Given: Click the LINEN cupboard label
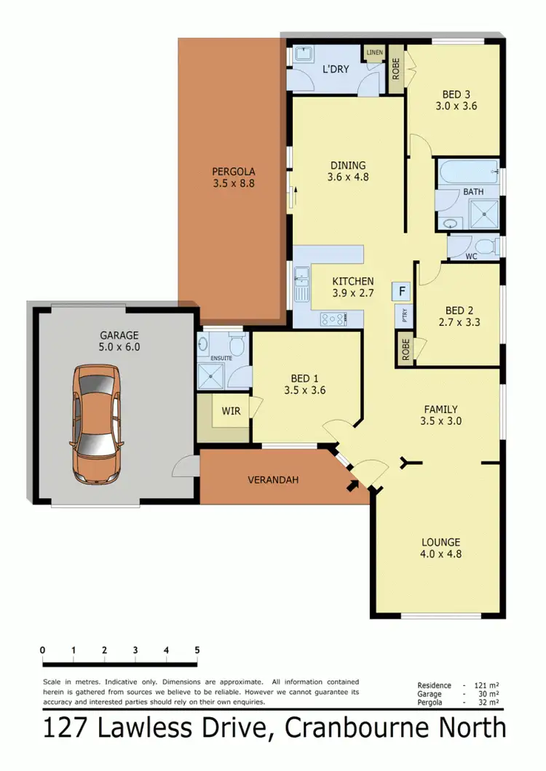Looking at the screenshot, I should (375, 53).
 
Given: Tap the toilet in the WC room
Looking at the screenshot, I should (490, 247).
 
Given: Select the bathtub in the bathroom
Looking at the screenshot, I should (468, 174).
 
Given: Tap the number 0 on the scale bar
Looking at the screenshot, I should (43, 650).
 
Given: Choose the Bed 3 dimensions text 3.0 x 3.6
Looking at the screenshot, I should (456, 105).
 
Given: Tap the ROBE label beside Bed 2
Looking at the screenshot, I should (404, 350).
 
